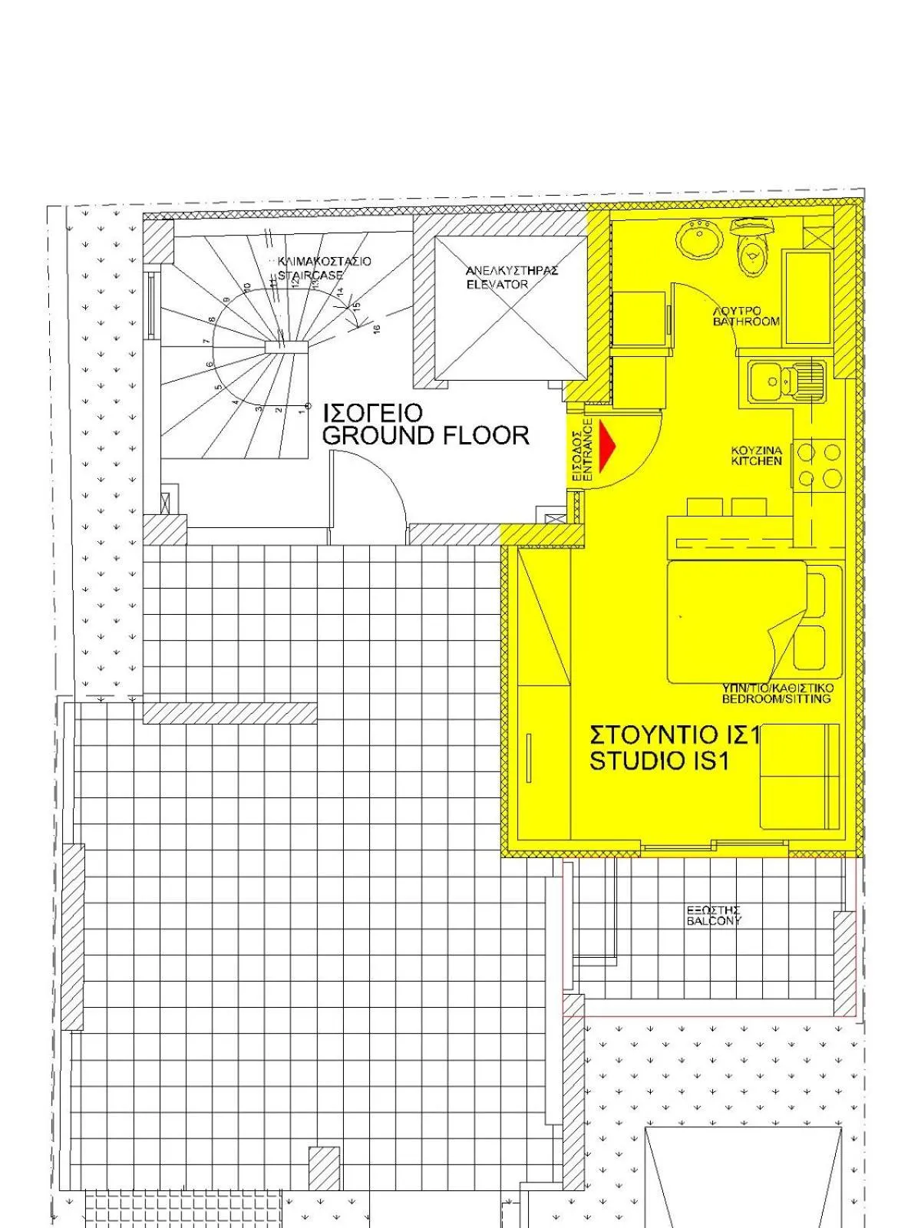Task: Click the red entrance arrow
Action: tap(608, 445)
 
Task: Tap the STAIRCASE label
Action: tap(310, 275)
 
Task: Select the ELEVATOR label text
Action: tap(497, 284)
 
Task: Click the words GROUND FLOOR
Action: tap(426, 436)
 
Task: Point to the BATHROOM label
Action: tap(746, 322)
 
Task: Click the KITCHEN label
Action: tap(756, 461)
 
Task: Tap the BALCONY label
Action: tap(714, 921)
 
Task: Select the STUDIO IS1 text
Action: tap(659, 761)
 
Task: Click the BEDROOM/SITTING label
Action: tap(776, 699)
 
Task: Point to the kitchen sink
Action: tap(787, 381)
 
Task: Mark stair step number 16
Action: tap(376, 328)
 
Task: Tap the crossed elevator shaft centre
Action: tap(510, 309)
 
